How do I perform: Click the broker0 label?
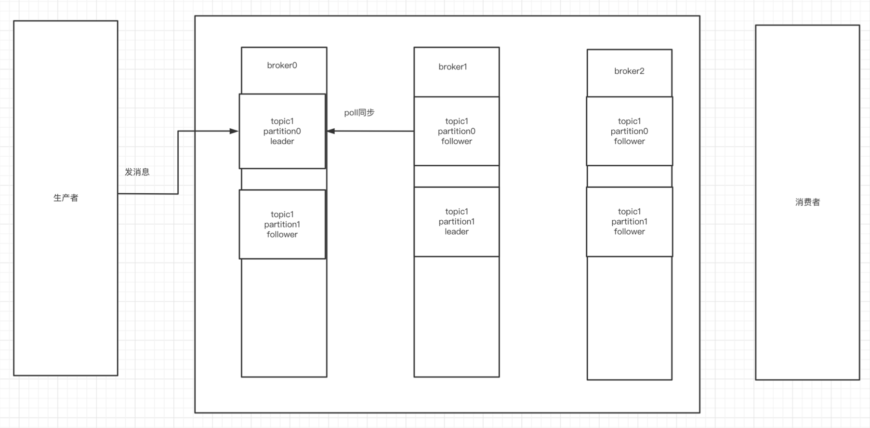282,66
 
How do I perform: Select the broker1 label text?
452,67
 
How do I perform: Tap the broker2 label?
629,71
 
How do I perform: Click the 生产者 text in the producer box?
66,198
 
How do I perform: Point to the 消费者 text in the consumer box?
807,202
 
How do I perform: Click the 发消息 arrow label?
137,172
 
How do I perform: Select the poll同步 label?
359,113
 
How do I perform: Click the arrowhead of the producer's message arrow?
235,131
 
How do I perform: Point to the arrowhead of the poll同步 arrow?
331,131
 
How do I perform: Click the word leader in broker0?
282,142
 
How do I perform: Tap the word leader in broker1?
456,232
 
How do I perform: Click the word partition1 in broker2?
629,222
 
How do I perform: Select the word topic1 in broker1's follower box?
456,121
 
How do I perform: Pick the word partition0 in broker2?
629,131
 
